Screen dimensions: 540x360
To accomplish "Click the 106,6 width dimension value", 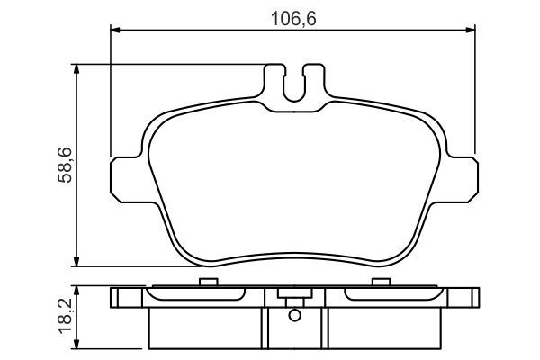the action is (293, 19).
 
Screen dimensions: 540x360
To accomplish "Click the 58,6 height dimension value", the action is (65, 165).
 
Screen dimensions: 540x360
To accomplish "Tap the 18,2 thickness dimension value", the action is (65, 316).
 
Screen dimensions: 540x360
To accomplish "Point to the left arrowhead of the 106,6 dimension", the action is (115, 30).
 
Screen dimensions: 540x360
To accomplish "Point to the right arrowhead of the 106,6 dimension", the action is (471, 30).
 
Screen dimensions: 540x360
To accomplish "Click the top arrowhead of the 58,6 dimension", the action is (76, 69).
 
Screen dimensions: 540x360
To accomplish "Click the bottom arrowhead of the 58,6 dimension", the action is (76, 262).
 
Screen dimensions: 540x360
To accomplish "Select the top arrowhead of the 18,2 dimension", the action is (76, 291).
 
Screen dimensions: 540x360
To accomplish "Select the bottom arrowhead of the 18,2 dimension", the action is (76, 344).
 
